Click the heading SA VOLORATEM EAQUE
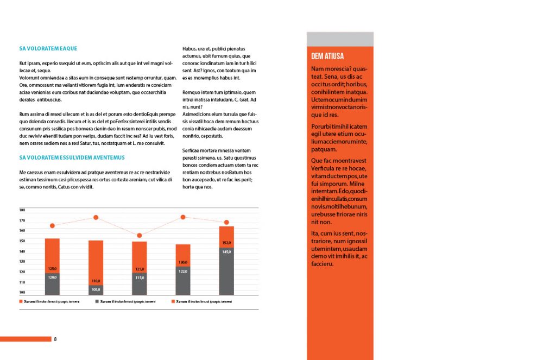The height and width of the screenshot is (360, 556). (48, 48)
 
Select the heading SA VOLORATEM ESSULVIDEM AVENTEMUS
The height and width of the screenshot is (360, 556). (72, 157)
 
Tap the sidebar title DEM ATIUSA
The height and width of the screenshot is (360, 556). (327, 56)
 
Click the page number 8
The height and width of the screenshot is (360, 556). (55, 339)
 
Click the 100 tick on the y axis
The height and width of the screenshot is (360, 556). (22, 292)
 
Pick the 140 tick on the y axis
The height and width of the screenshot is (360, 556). (22, 251)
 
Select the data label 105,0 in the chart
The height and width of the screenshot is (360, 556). (96, 289)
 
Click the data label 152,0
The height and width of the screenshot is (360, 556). (226, 243)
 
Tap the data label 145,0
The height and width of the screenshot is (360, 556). (226, 251)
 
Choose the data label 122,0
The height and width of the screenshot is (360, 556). (183, 271)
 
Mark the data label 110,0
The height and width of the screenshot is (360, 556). (96, 281)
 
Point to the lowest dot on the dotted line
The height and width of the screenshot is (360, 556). (140, 235)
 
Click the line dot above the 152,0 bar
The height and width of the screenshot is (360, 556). (226, 222)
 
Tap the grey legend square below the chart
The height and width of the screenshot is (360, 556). (97, 301)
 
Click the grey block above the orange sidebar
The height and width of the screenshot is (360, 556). (340, 39)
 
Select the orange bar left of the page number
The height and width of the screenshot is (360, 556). (26, 339)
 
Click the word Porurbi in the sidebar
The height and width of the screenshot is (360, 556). (322, 127)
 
